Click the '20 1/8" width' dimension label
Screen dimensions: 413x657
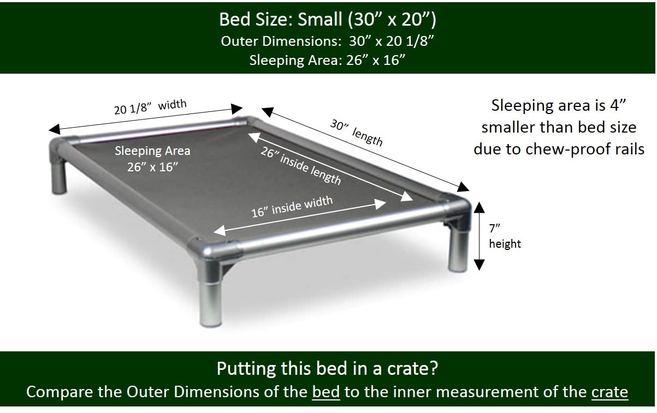(150, 106)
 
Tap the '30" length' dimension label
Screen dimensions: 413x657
(356, 132)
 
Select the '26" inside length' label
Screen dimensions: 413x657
(301, 166)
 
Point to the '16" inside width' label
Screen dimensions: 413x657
(292, 206)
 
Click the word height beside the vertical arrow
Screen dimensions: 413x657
(505, 243)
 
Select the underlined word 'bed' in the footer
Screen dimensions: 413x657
(325, 392)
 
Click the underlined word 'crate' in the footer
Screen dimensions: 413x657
(609, 392)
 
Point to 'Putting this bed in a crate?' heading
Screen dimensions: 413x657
(327, 368)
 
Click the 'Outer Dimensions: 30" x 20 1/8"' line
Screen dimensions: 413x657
(327, 41)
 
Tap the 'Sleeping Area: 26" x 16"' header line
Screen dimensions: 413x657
(327, 60)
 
